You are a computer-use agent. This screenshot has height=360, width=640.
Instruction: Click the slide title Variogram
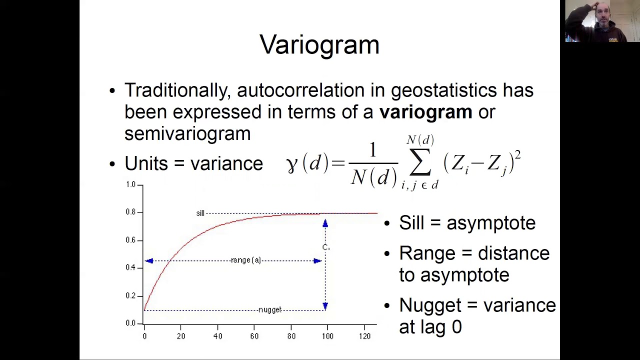tap(319, 45)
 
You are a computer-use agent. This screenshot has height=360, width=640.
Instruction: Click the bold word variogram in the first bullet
tap(425, 112)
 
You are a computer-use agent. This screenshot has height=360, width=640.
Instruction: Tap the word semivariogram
tap(187, 134)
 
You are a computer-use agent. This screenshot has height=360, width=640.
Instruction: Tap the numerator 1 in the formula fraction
tap(372, 150)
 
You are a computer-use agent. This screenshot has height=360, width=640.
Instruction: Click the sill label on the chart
tap(200, 213)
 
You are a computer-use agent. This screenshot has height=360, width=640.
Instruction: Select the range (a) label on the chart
tap(246, 260)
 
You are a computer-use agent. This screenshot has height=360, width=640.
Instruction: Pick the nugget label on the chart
tap(270, 310)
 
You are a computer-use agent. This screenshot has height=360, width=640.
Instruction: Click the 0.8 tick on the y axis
tap(130, 212)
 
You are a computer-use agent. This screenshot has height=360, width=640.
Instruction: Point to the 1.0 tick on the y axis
tap(130, 184)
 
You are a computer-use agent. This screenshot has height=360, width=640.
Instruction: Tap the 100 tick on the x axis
tap(327, 336)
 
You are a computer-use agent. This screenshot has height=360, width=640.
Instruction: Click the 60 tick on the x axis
tap(254, 336)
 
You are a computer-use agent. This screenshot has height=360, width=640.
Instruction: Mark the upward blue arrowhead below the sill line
tap(325, 224)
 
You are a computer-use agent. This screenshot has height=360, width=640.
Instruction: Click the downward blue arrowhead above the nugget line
tap(325, 305)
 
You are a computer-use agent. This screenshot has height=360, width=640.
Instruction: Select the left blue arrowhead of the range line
tap(149, 261)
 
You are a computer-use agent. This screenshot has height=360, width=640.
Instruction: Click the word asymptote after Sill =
tap(491, 223)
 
